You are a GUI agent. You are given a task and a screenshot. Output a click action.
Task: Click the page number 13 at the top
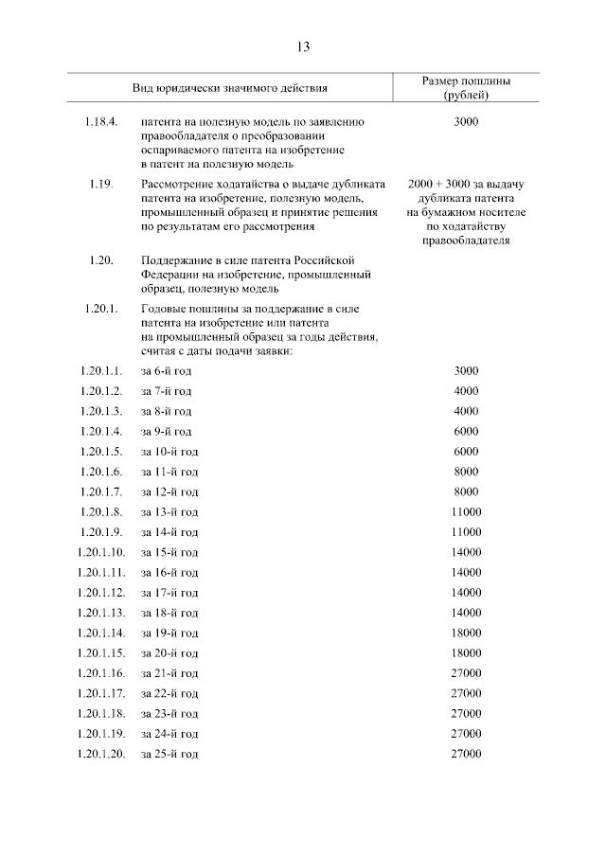303,46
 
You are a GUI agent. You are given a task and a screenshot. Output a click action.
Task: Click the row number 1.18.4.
99,122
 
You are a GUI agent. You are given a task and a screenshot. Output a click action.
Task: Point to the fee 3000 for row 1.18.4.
466,122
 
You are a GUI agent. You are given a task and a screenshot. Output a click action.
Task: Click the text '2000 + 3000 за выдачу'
466,183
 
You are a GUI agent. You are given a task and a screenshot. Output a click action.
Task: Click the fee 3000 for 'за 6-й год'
466,370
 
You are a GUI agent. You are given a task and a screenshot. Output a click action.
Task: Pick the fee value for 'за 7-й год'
466,390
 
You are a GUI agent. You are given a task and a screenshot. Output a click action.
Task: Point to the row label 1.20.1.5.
101,451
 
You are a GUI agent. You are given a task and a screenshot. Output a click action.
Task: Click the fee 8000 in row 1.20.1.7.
466,491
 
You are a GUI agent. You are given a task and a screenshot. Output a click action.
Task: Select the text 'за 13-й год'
169,511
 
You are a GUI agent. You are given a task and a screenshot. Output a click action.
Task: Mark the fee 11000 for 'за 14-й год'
466,531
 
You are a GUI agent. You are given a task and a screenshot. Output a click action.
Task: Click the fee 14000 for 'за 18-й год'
466,612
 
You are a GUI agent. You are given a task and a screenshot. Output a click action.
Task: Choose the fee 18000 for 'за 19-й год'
466,632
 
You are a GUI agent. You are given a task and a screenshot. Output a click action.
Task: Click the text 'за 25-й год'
169,753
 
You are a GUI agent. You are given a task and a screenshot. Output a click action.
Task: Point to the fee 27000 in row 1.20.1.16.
466,672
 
